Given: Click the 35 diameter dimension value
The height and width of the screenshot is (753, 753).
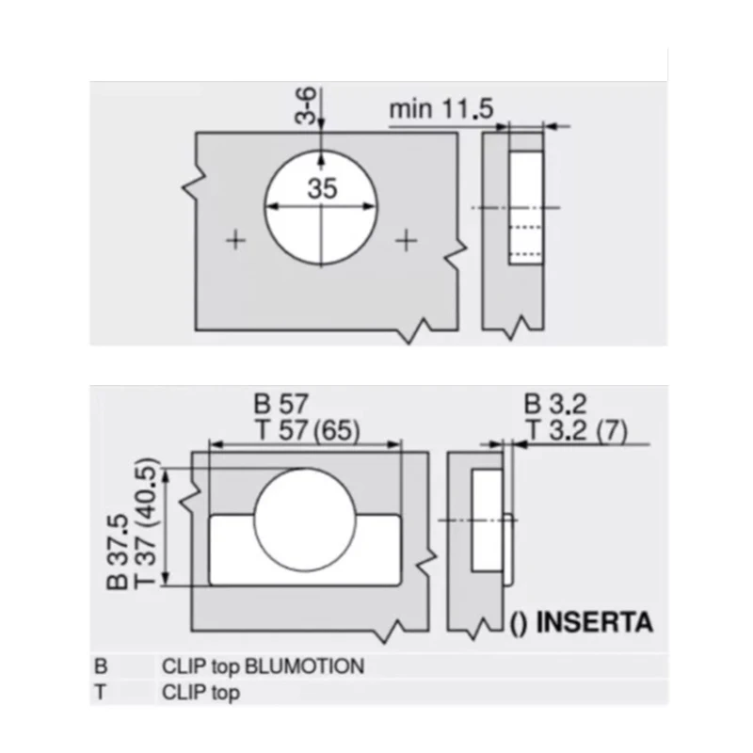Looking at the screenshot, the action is (322, 188).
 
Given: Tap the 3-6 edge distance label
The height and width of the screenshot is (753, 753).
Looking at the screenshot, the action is (305, 105).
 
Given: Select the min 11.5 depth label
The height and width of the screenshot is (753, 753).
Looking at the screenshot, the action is (441, 108).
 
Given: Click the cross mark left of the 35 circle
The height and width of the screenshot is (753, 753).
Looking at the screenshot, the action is (235, 240).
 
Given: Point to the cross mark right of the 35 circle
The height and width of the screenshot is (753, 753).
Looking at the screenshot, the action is (406, 240).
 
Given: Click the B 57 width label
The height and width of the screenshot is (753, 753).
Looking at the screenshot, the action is (280, 404).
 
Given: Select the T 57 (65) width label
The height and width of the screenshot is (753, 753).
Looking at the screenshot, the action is (309, 430).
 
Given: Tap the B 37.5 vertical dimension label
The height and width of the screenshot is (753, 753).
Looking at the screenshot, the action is (117, 552).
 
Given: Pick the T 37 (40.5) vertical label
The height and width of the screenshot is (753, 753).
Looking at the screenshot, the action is (144, 523).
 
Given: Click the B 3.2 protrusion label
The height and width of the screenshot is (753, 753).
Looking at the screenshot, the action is (555, 405).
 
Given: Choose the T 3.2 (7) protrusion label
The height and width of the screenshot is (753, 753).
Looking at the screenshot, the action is (577, 430).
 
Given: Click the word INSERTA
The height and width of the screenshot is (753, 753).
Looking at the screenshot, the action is (595, 622).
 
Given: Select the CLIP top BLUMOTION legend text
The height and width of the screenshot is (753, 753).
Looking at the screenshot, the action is (264, 666).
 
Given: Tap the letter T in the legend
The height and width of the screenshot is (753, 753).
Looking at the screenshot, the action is (100, 693).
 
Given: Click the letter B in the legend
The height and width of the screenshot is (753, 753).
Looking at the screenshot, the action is (101, 666).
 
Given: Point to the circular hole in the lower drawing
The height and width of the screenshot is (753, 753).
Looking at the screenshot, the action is (305, 520).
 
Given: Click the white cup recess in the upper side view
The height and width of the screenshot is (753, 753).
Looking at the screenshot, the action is (526, 207).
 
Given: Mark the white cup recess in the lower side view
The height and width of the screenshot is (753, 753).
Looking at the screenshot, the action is (487, 521).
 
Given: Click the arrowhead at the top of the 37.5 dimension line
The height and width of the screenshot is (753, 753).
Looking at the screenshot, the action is (167, 476).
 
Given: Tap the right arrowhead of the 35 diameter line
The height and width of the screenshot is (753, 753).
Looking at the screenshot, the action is (369, 206).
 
